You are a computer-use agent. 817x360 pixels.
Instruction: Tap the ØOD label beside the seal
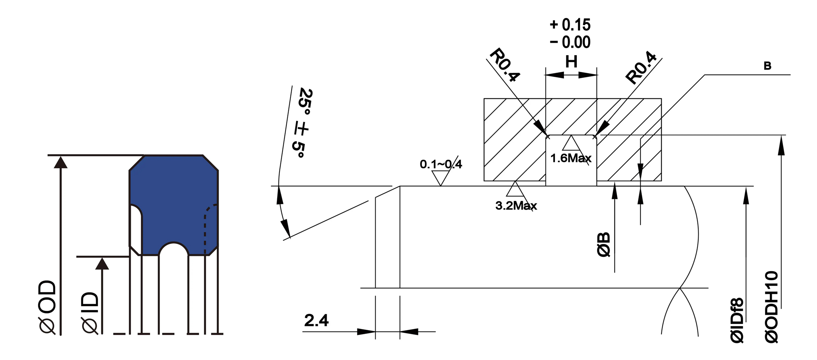[48, 307]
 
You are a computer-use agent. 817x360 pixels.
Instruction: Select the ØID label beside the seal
[90, 313]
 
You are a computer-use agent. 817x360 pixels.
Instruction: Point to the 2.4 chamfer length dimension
[316, 321]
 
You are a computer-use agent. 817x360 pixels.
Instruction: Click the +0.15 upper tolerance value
[570, 25]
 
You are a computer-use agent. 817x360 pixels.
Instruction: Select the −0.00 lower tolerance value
[570, 42]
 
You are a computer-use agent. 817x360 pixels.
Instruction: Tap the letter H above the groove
[571, 62]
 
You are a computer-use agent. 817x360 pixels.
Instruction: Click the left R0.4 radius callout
[505, 65]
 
